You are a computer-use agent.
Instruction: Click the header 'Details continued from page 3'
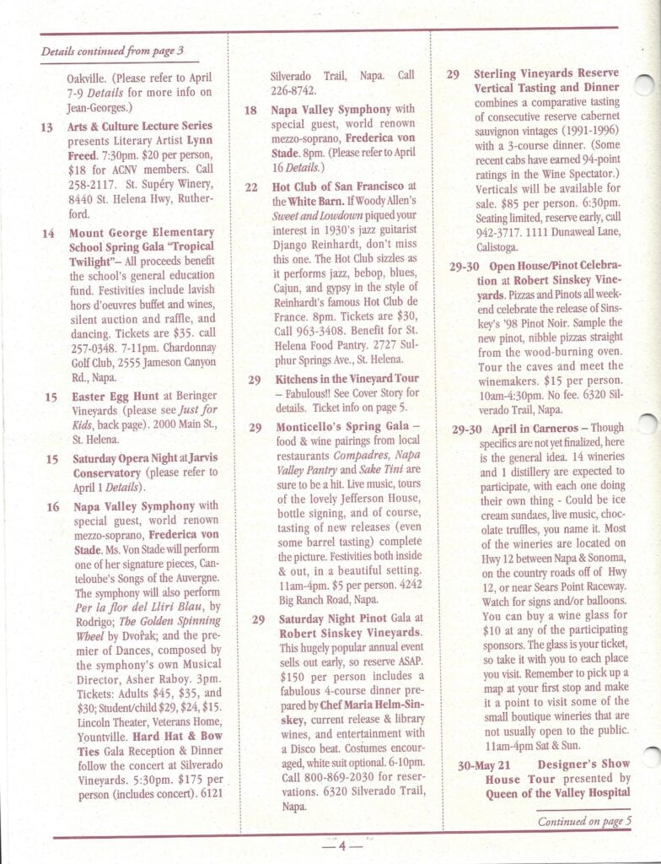109,51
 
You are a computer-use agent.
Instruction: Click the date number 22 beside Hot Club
251,186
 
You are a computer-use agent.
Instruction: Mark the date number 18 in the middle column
251,111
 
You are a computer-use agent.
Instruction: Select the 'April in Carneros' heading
540,428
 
